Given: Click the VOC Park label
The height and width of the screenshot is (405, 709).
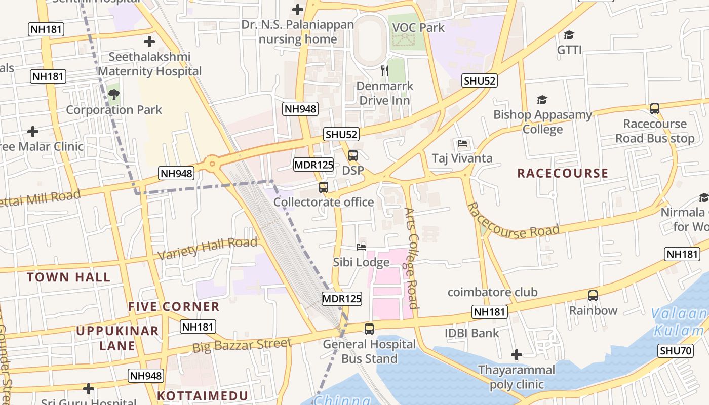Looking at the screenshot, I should tap(418, 28).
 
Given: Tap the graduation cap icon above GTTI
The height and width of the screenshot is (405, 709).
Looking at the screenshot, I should tap(569, 35).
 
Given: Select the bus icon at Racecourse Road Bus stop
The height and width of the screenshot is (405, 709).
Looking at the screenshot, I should tap(654, 108).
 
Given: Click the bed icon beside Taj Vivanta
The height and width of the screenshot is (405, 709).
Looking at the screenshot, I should tap(462, 143).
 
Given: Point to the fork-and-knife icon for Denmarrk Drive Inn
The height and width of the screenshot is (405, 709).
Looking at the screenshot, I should tap(385, 71).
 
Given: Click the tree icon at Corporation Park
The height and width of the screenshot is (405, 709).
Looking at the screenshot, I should tap(113, 94).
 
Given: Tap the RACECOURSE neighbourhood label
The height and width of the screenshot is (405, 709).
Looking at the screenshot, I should tap(563, 173).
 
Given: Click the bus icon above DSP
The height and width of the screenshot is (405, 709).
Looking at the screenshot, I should tap(353, 155).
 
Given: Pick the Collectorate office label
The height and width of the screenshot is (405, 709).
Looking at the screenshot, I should tap(324, 202).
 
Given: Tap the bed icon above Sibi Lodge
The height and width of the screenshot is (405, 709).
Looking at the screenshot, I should tap(361, 247).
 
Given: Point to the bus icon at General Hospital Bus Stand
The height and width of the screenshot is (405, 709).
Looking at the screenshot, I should tap(369, 329).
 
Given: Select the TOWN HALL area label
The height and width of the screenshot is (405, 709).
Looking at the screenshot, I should tap(68, 277).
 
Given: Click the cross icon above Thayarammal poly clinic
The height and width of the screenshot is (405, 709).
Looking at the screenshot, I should tap(516, 355).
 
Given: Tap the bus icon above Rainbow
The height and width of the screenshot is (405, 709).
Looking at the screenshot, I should tap(593, 295).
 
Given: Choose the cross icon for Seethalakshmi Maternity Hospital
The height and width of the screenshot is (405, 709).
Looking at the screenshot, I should tap(149, 42).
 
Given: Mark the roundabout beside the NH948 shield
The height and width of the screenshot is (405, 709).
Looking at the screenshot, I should tap(212, 164).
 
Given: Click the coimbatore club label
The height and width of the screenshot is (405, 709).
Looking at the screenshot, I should tap(492, 292).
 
